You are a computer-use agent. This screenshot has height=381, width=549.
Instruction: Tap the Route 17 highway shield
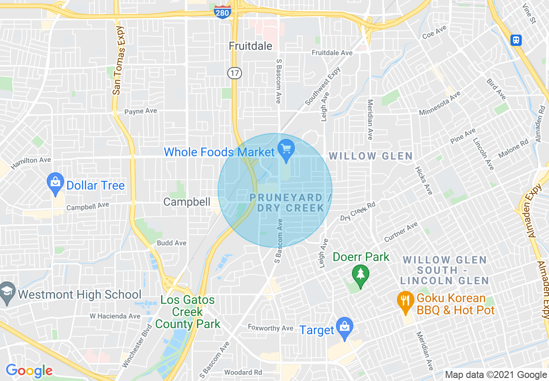tap(235, 73)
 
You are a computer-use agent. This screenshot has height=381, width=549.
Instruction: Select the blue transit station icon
tap(516, 40)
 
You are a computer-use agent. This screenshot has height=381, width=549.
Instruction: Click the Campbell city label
tap(187, 202)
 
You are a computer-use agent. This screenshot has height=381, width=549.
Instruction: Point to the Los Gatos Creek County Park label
tap(187, 312)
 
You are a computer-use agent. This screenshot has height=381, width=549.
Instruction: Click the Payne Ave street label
tap(141, 111)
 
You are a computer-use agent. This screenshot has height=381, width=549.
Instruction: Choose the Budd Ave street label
tap(171, 243)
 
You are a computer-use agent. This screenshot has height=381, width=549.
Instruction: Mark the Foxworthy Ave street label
tap(271, 328)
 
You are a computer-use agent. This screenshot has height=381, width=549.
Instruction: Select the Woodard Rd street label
tap(243, 372)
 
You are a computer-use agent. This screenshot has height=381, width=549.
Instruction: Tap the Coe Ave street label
tap(434, 32)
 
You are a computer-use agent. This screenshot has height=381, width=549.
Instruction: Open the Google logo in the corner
tap(29, 371)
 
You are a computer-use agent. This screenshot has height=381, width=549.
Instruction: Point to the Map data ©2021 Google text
tap(496, 375)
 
